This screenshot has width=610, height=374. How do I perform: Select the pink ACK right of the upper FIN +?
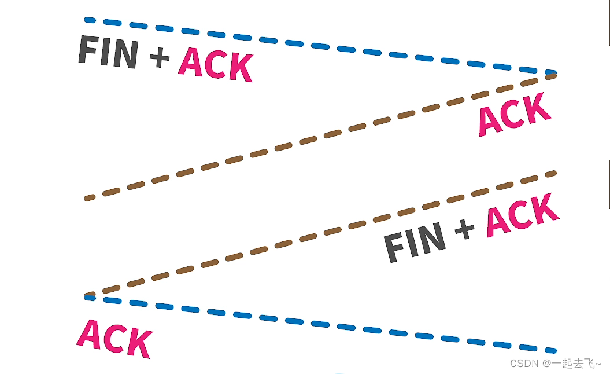coord(215,65)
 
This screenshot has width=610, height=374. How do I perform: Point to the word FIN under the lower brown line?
coord(415,242)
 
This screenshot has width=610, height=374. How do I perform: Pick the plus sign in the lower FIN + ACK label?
coord(464,229)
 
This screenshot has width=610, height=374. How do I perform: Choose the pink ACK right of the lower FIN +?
coord(523,215)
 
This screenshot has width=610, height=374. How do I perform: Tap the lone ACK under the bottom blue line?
coord(114,339)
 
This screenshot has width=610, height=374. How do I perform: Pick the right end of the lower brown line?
coord(553,173)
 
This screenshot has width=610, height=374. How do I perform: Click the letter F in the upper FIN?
coord(87,50)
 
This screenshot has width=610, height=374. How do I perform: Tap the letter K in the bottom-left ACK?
coord(139,344)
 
